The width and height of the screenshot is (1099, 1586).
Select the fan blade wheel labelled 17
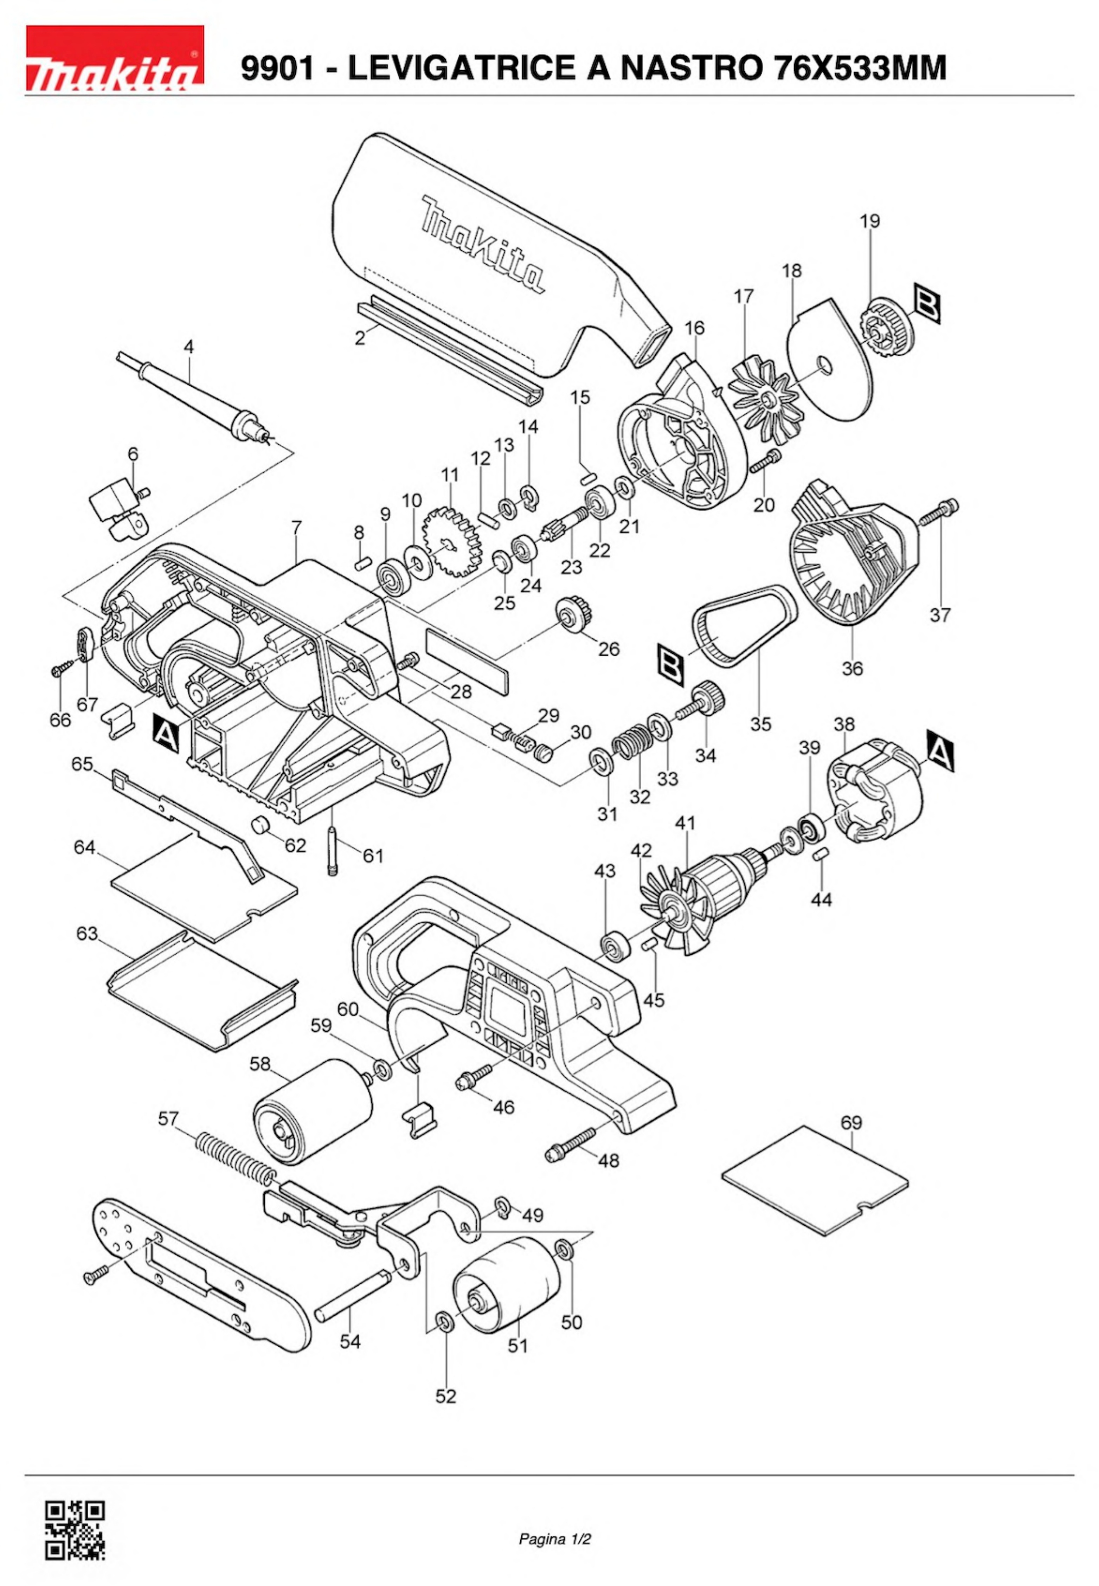coord(766,403)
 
